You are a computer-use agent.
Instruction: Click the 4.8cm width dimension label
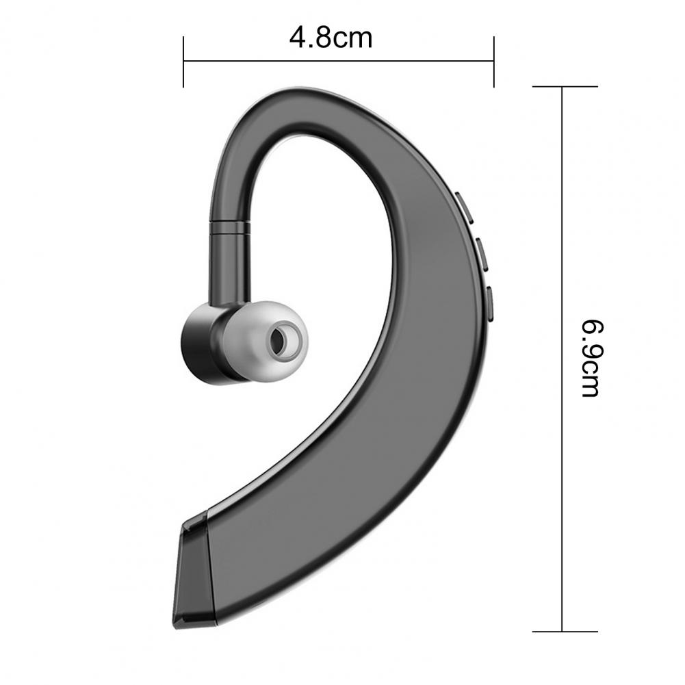(x=331, y=38)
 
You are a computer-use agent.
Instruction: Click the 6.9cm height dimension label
(x=591, y=358)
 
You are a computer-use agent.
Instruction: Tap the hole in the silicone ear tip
(x=282, y=339)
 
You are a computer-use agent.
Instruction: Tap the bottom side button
(x=489, y=304)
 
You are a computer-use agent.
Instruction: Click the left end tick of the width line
(x=183, y=62)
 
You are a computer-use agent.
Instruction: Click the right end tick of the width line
(x=493, y=62)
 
